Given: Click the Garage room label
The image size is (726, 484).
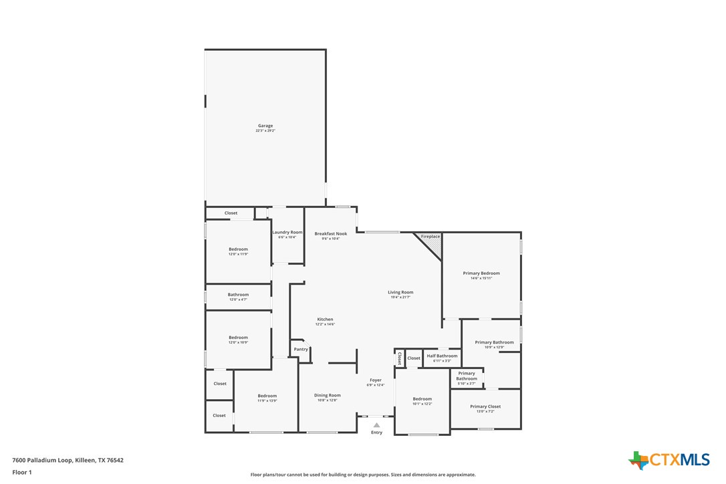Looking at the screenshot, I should [x=265, y=126].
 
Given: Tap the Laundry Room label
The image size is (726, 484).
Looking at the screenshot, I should [x=287, y=232].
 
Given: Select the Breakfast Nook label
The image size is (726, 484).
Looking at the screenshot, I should [x=331, y=233].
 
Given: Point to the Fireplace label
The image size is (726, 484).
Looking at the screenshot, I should [x=431, y=237].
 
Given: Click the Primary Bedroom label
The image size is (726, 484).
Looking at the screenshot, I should [x=481, y=273].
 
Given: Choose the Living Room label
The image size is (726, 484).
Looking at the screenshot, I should [x=400, y=292].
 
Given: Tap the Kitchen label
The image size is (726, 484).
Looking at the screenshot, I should [x=325, y=319].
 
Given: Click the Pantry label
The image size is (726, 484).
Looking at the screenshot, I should [x=301, y=349].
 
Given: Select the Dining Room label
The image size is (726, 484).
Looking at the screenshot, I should [x=328, y=395].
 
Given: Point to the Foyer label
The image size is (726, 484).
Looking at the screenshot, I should [x=376, y=380].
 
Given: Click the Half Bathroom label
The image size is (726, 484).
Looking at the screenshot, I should [x=442, y=356].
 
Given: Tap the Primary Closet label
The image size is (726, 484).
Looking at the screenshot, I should [x=485, y=406].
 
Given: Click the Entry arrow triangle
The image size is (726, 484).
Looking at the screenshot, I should [x=376, y=425].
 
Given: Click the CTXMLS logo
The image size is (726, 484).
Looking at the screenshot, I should [x=669, y=460].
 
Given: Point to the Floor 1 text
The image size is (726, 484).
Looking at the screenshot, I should [x=22, y=472].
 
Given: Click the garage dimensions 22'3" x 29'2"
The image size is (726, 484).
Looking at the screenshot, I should [x=265, y=131].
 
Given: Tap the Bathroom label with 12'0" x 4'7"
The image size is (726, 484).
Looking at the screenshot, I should [x=238, y=294].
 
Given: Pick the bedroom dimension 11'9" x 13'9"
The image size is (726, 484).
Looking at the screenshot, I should [x=267, y=401].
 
